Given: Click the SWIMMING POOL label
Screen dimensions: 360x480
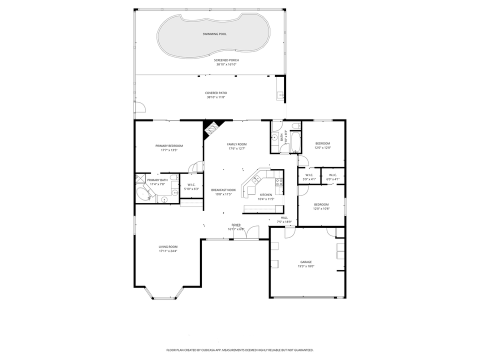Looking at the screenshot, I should click(214, 34).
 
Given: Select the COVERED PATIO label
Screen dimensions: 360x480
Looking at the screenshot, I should click(216, 92).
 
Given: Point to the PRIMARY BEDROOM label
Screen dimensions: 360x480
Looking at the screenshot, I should click(168, 145).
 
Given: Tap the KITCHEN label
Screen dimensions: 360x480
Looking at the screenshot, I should click(266, 194).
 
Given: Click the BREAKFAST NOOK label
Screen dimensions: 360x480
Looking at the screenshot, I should click(223, 190).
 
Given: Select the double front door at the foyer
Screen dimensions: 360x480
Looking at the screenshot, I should click(246, 233).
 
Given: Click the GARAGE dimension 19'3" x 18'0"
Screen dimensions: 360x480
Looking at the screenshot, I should click(306, 266).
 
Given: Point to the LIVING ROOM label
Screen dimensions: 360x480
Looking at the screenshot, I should click(168, 246).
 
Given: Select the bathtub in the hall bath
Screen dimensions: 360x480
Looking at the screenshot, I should click(295, 141).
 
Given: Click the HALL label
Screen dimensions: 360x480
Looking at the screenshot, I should click(284, 217).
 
